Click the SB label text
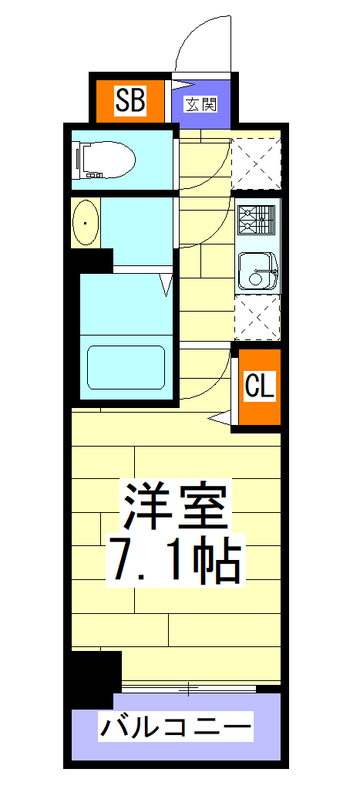coord(130,100)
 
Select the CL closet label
coord(259,386)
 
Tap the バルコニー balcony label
coord(176,727)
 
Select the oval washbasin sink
coord(85,223)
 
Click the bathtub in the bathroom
coord(126,368)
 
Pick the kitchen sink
coord(257,271)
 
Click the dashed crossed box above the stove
coord(257,163)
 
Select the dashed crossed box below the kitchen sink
coord(257,317)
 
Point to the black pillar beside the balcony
coord(96,677)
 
